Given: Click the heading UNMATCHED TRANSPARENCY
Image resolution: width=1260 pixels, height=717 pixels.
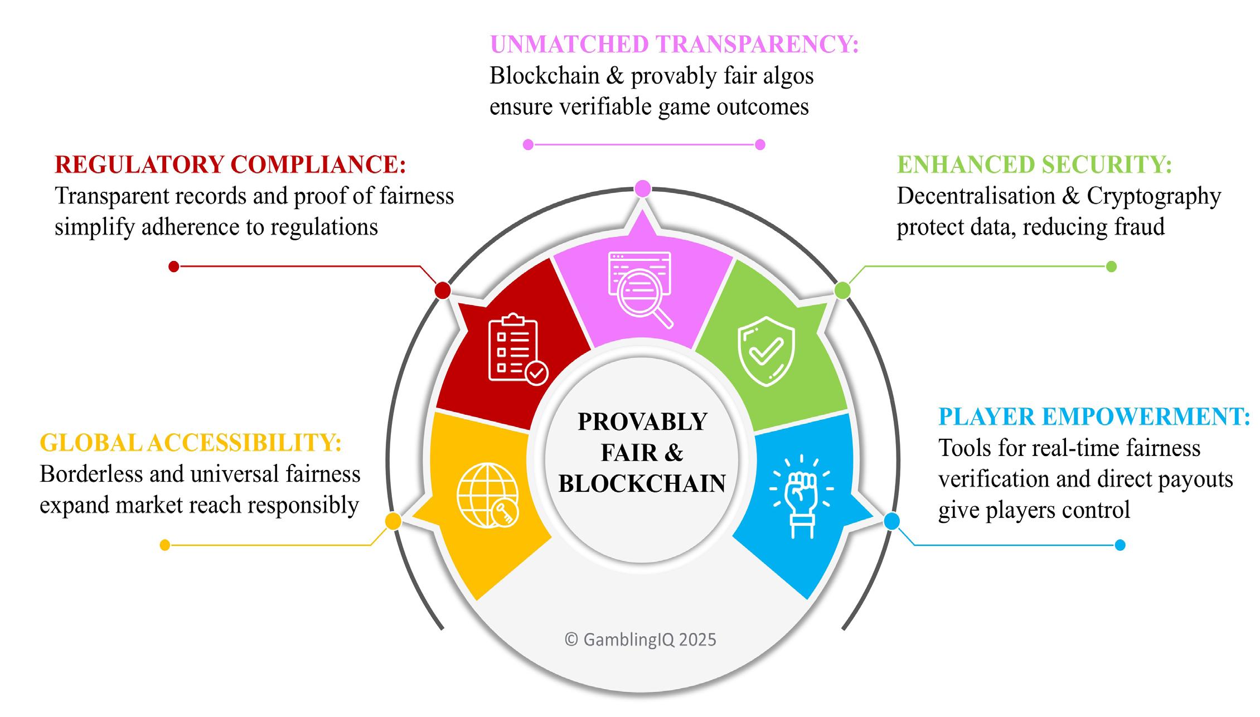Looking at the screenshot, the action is click(673, 45).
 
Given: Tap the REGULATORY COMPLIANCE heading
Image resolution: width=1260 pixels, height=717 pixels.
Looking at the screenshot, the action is click(230, 164).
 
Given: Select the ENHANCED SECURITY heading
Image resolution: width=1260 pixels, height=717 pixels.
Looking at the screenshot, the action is click(1034, 164).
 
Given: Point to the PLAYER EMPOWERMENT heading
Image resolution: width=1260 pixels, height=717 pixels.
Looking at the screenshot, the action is click(1094, 416).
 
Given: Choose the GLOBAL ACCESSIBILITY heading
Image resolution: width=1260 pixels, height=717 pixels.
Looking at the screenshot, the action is click(191, 443).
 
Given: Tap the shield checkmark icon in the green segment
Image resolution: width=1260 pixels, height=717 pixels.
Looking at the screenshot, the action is click(766, 351).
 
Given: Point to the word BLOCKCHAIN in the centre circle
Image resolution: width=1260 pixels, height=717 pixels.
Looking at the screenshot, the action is click(642, 484).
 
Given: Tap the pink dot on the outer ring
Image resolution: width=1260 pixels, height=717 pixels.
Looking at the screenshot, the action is click(642, 189).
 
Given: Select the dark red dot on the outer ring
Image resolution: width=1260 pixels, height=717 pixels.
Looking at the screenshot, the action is click(443, 290).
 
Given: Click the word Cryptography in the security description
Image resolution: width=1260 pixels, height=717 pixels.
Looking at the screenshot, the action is click(1154, 196).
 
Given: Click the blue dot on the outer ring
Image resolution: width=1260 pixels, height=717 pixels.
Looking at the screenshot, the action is click(891, 521).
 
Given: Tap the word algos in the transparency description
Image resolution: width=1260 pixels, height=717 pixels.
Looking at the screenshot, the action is click(788, 76).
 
